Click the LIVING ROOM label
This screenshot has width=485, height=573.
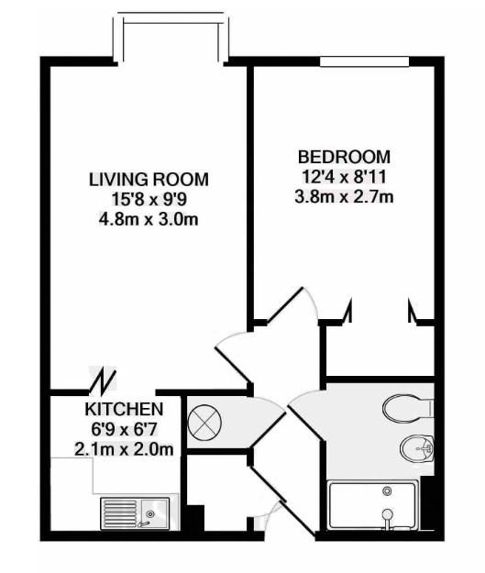149,178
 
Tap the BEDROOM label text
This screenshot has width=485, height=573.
344,157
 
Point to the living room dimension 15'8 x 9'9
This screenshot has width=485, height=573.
149,198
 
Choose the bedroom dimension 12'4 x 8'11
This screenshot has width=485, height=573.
344,177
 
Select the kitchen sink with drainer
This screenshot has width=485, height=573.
136,514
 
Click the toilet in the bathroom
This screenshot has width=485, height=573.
408,406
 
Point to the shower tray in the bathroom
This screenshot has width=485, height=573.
373,506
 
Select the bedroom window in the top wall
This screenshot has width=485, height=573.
364,61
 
